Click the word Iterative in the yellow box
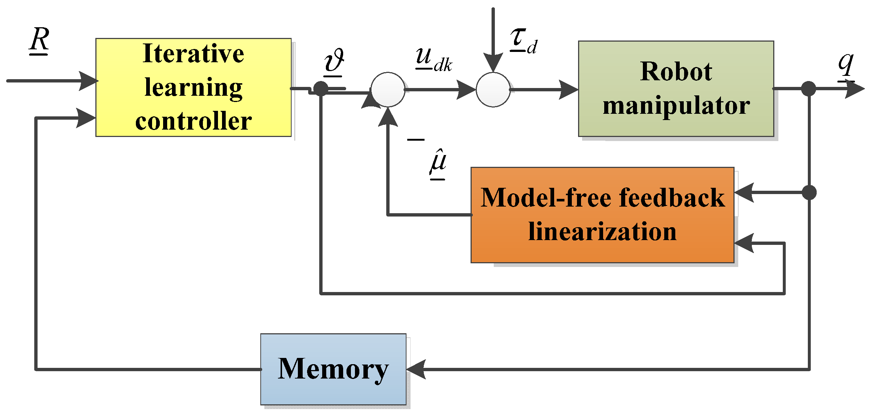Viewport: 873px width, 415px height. coord(193,54)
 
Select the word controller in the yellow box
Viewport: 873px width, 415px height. coord(193,122)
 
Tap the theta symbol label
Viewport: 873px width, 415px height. coord(334,61)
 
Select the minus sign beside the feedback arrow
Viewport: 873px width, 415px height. coord(416,140)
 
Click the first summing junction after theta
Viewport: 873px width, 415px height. coord(388,89)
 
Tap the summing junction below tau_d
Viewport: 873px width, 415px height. coord(493,89)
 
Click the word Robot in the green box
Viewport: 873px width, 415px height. coord(676,71)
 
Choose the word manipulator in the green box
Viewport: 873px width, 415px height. coord(676,106)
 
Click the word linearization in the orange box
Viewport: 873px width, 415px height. coord(602,232)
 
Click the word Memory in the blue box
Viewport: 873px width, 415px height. coord(333,369)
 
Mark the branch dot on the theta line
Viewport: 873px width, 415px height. coord(321,89)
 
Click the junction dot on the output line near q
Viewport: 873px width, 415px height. coord(809,89)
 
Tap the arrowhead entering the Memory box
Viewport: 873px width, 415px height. coord(416,369)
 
